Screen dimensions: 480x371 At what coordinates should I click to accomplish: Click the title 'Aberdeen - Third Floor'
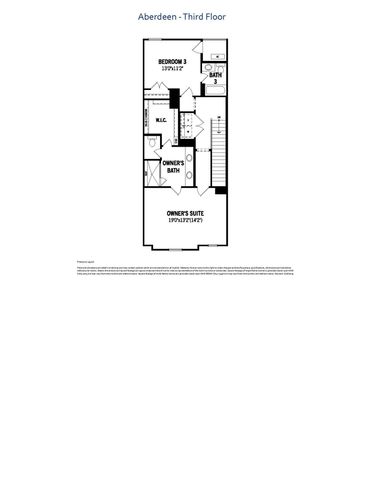(x=185, y=17)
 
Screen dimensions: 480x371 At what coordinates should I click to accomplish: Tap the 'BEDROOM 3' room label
(x=172, y=62)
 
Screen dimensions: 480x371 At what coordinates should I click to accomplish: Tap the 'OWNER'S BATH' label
(x=173, y=167)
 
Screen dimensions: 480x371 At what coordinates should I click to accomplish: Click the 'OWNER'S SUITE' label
(x=185, y=213)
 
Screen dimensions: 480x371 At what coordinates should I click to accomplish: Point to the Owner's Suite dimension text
(x=185, y=221)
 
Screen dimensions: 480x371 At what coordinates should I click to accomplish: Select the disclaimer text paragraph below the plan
(x=185, y=270)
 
